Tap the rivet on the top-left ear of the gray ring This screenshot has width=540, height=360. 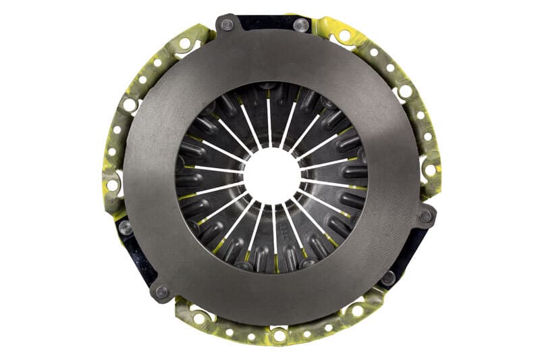tap(227, 25)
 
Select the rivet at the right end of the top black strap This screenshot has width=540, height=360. tap(302, 25)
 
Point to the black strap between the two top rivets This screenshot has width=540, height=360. tap(265, 22)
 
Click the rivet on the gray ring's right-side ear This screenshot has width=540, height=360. tap(425, 217)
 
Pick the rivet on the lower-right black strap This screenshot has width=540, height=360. tap(387, 277)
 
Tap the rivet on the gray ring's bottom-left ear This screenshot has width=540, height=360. tap(161, 292)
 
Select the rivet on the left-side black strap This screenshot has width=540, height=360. tap(125, 228)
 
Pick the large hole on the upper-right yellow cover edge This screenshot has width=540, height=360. tap(406, 91)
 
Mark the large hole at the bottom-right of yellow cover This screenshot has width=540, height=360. tap(357, 311)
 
